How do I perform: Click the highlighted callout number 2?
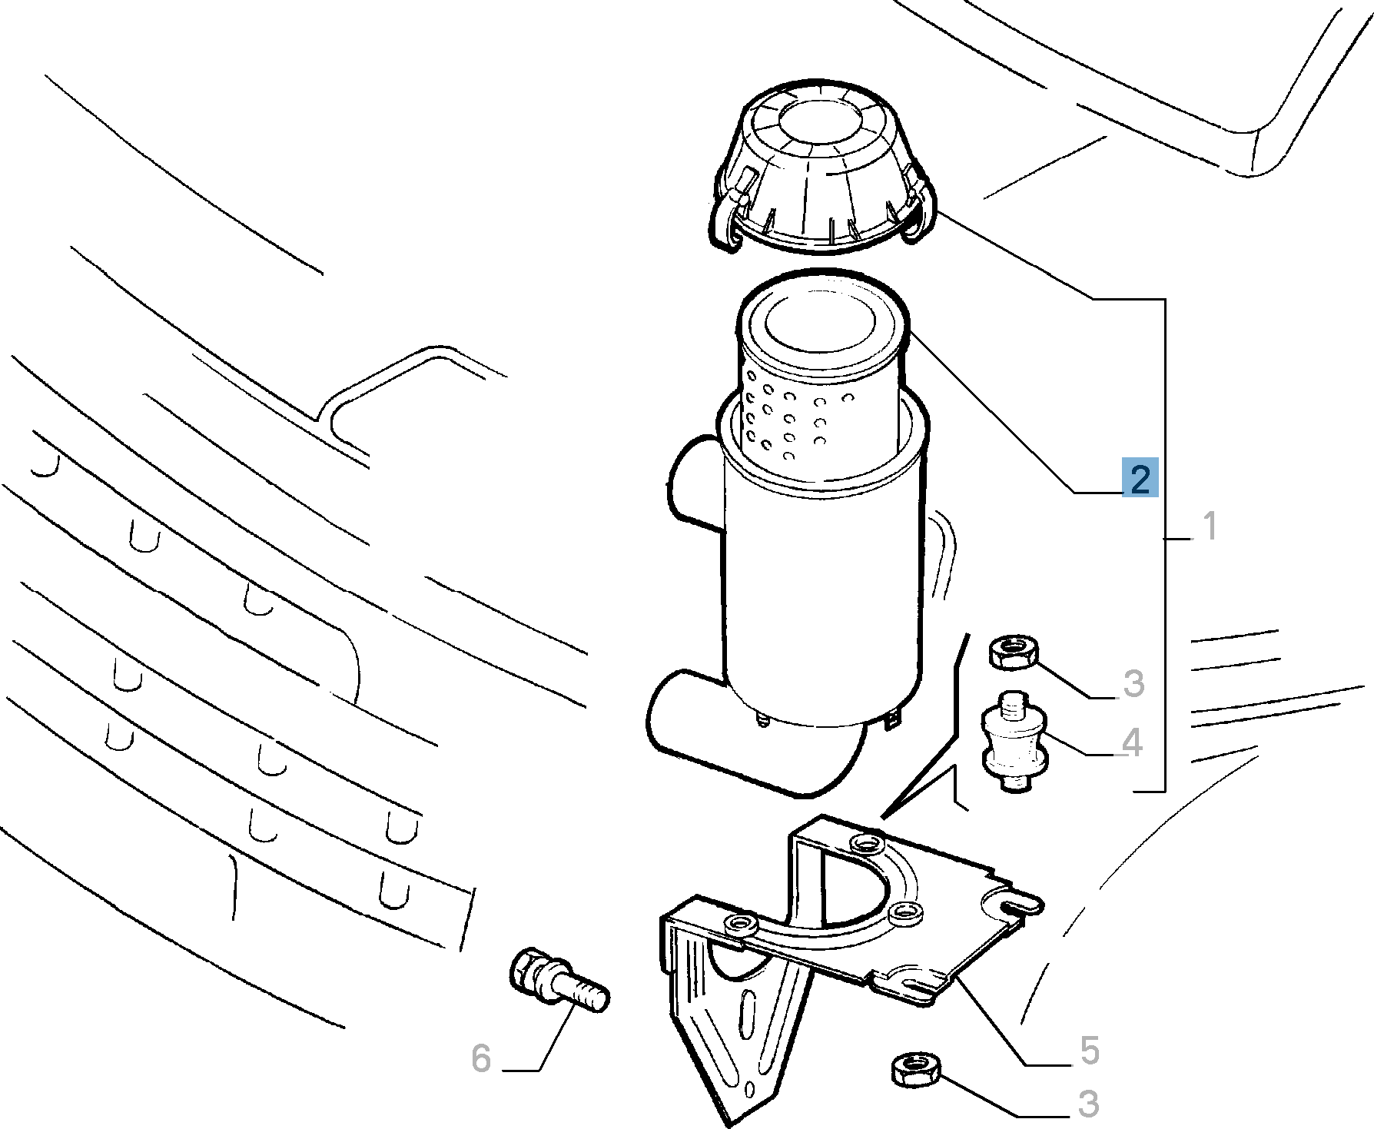[x=1140, y=479]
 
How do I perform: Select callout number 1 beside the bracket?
[x=1210, y=527]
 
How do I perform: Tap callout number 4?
[x=1132, y=743]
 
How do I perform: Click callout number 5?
[x=1089, y=1051]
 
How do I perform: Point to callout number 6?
[x=481, y=1058]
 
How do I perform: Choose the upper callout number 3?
[x=1133, y=683]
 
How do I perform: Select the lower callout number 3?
[x=1088, y=1104]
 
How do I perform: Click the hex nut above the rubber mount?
[x=1011, y=652]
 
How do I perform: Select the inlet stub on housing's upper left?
[x=696, y=484]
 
